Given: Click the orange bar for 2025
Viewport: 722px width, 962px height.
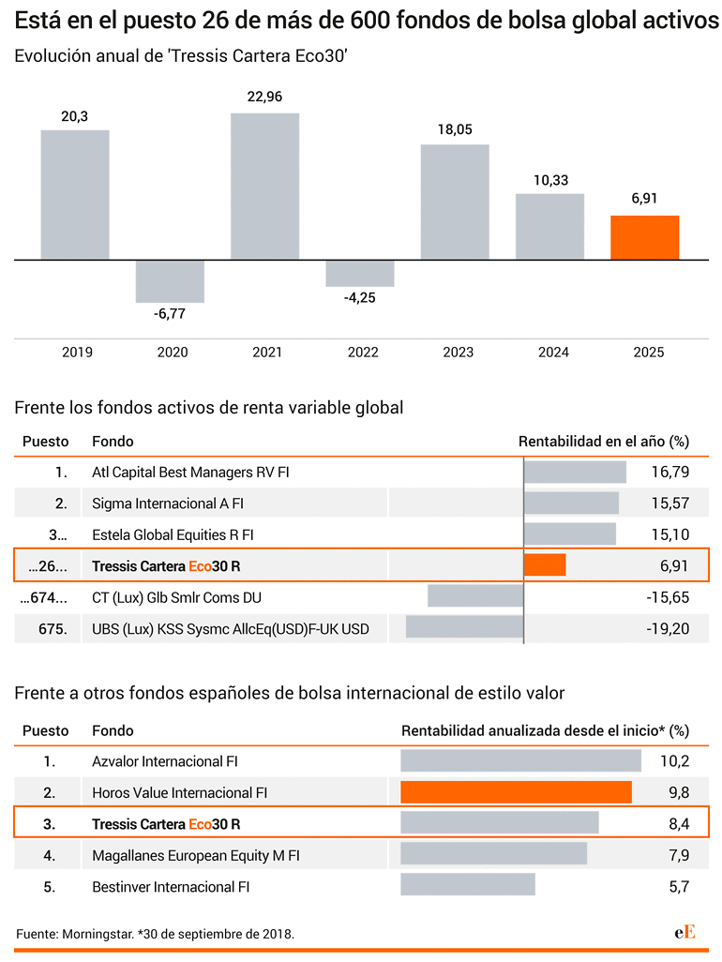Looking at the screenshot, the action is (644, 237).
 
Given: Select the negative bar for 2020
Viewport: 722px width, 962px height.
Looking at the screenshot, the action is (170, 281).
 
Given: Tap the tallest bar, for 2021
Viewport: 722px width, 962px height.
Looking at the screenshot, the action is (265, 187).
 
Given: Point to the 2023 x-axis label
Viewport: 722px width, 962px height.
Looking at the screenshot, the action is (459, 353).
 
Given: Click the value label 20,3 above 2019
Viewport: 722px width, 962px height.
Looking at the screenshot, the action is (74, 116).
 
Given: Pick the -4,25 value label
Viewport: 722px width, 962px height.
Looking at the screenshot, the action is (359, 297).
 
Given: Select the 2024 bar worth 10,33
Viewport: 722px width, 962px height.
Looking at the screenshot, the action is (549, 226).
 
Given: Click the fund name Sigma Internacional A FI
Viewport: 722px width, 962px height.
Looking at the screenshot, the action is (168, 504).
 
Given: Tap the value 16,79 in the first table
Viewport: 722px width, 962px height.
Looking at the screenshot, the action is (669, 472).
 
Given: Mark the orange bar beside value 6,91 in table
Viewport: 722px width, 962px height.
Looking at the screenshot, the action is (545, 564).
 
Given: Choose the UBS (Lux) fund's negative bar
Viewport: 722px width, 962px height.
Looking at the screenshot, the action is (464, 627).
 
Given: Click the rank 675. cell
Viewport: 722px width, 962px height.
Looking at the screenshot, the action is (53, 629).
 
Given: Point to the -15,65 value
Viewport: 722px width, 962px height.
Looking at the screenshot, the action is (668, 597).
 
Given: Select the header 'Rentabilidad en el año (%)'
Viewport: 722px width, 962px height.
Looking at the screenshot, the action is (604, 441).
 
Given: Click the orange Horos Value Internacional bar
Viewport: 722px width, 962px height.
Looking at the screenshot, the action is (516, 792).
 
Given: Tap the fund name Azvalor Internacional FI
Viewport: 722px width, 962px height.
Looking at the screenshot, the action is (164, 761).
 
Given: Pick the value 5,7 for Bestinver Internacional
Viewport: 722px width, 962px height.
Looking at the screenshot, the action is (679, 887).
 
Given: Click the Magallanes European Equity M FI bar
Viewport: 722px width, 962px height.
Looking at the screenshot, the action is (494, 853).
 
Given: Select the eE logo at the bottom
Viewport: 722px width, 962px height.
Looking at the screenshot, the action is (684, 933).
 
